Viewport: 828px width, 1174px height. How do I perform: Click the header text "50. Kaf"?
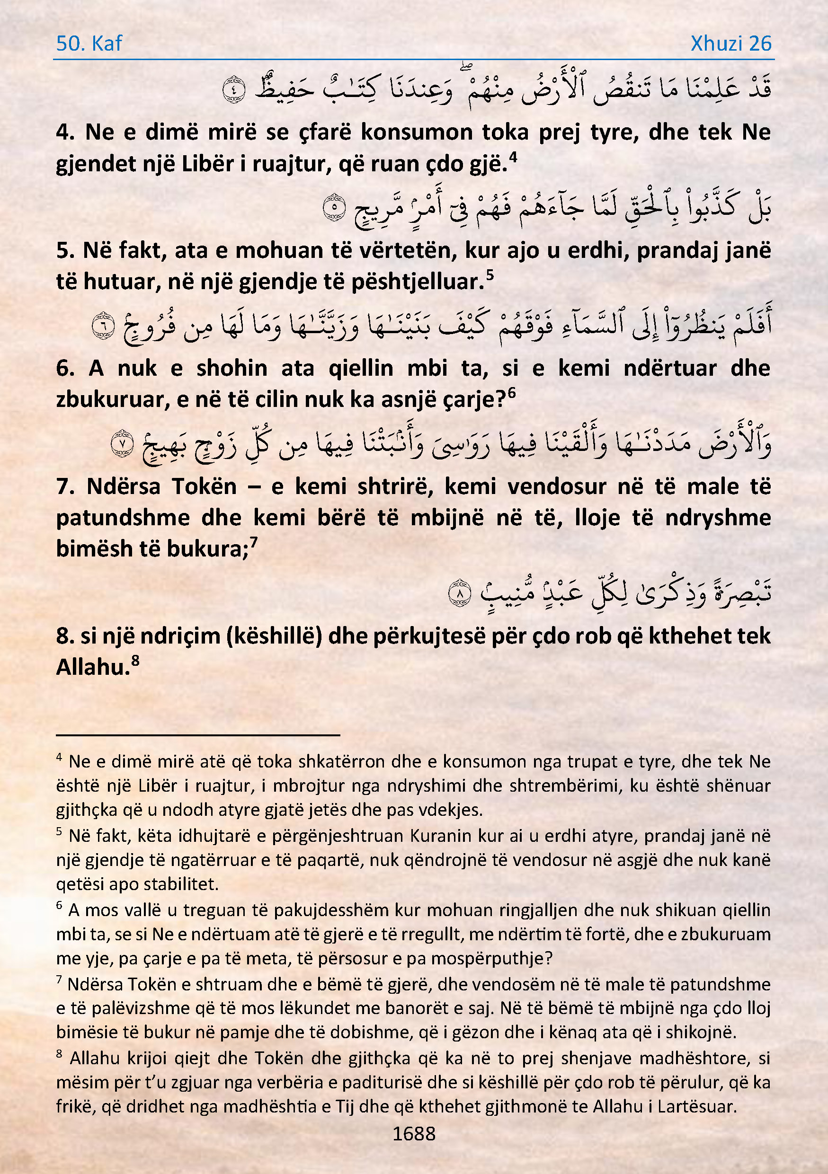click(x=89, y=44)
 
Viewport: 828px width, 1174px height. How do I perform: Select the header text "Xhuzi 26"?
click(x=731, y=44)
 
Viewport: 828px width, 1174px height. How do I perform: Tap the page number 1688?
click(x=414, y=1134)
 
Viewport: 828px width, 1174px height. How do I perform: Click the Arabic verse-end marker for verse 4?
click(x=234, y=89)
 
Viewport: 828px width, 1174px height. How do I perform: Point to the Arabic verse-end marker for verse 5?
click(x=335, y=208)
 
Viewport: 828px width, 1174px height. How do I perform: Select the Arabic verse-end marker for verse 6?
click(x=103, y=326)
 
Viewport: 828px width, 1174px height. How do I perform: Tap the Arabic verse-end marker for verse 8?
click(x=459, y=593)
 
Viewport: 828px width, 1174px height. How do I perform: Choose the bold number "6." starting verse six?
click(x=65, y=368)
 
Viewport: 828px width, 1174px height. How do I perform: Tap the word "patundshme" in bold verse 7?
click(x=123, y=518)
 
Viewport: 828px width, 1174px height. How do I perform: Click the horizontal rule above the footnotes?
click(x=198, y=735)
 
